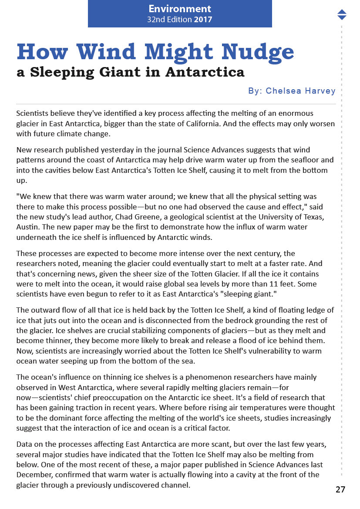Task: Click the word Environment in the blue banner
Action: [180, 9]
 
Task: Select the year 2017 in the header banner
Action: [203, 20]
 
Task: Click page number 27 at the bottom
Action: [340, 489]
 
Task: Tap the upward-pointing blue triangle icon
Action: [342, 12]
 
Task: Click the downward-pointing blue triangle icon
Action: [342, 17]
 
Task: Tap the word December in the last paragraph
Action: [34, 475]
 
